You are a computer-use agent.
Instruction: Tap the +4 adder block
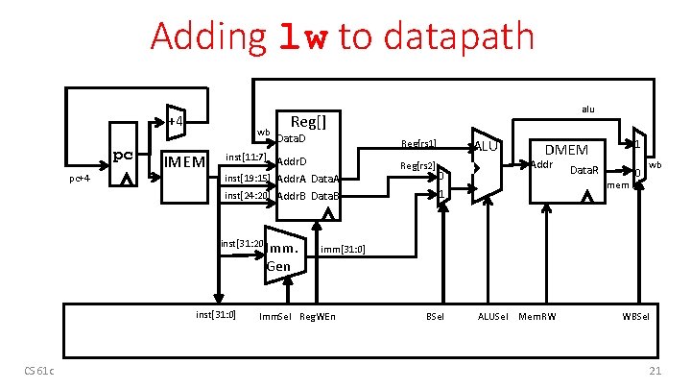click(175, 122)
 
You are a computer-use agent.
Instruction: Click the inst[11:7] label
click(246, 157)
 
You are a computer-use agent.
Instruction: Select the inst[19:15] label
click(247, 178)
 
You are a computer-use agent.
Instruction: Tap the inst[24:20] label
click(247, 196)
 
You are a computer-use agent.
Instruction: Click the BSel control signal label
click(435, 316)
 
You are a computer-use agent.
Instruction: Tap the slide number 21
click(655, 373)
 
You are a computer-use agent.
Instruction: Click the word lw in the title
click(303, 36)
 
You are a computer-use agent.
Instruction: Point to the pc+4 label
click(81, 179)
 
